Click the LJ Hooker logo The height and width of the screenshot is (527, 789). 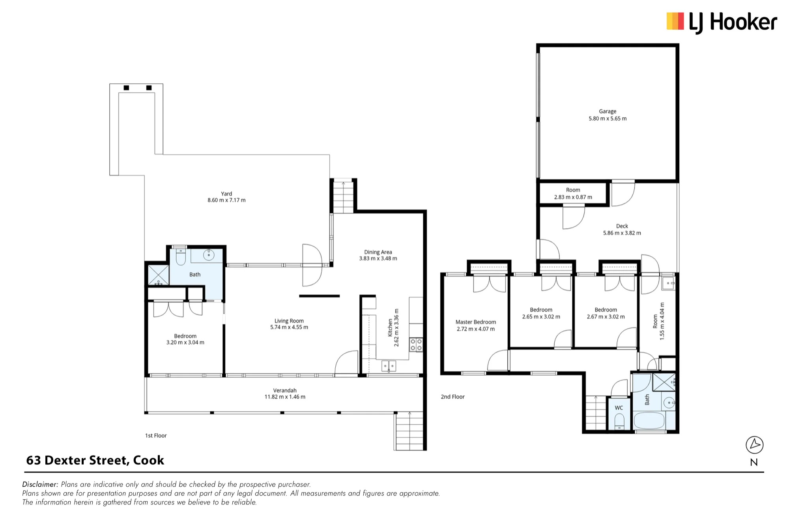722,22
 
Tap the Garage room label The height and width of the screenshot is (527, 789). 608,111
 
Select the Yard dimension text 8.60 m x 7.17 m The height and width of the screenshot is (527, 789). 226,200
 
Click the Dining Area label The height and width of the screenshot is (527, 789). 378,252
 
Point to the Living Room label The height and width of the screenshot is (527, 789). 289,321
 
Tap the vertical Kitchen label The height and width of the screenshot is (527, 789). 390,327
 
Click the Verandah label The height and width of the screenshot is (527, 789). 285,390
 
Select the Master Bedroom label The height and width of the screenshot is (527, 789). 476,322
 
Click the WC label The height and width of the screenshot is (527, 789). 619,408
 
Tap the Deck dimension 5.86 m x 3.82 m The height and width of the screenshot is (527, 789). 622,233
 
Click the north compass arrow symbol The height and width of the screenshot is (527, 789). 755,445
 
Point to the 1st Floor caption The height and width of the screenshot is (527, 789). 156,435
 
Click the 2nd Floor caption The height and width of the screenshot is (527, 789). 452,397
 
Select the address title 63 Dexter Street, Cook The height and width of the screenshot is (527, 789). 95,460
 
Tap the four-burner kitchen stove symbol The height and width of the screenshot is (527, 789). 416,344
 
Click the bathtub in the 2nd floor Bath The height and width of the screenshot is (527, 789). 649,421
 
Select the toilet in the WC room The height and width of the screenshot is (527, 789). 619,422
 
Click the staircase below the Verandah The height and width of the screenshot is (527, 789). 409,431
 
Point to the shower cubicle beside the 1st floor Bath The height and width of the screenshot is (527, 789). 158,275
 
